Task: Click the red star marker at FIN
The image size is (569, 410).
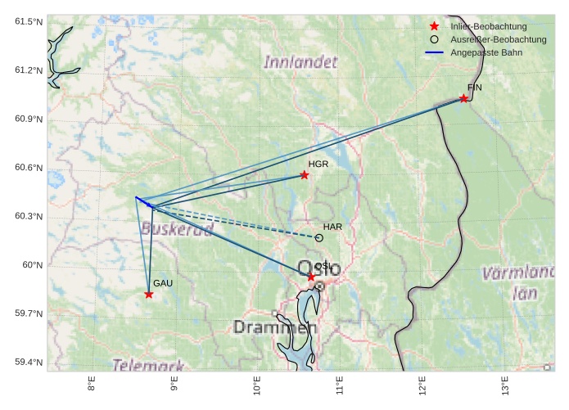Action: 463,99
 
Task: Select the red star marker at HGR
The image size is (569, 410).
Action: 305,175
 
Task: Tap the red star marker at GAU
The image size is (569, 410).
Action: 149,295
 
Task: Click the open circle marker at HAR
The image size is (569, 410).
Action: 319,238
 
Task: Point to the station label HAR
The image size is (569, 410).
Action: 332,227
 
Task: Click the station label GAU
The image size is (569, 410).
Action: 163,283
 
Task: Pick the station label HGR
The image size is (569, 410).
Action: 318,164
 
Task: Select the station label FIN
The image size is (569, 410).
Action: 475,88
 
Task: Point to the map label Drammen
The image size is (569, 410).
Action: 274,327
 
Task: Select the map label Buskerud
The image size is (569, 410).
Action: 177,228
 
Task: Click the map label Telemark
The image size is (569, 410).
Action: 148,365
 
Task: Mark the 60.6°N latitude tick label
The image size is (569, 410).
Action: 29,168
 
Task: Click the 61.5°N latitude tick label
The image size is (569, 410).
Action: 29,21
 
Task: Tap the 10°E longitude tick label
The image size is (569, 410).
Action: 257,384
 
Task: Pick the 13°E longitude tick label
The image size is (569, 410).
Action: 505,384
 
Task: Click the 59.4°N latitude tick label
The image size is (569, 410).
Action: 29,362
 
